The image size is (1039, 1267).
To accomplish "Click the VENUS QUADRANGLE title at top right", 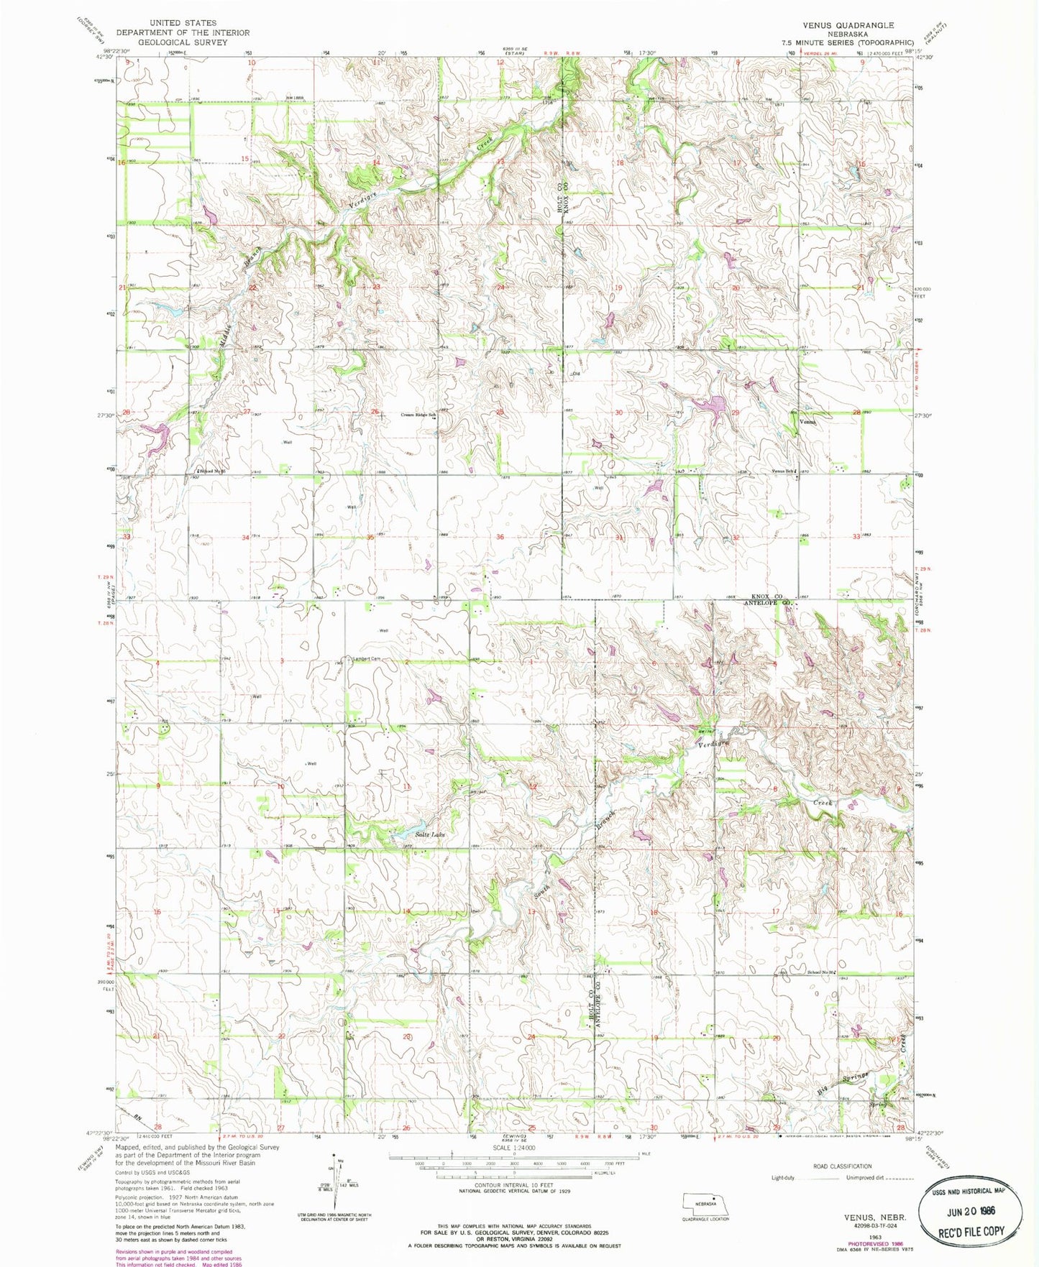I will pyautogui.click(x=848, y=25).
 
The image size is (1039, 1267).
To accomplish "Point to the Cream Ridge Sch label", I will pyautogui.click(x=418, y=415).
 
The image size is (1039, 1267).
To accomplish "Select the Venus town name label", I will pyautogui.click(x=807, y=423).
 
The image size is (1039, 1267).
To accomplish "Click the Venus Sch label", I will pyautogui.click(x=783, y=471).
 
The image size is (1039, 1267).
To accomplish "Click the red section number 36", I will pyautogui.click(x=500, y=537).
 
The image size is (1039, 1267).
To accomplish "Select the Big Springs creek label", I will pyautogui.click(x=843, y=1084).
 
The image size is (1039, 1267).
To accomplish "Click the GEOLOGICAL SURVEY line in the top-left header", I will pyautogui.click(x=182, y=42).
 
